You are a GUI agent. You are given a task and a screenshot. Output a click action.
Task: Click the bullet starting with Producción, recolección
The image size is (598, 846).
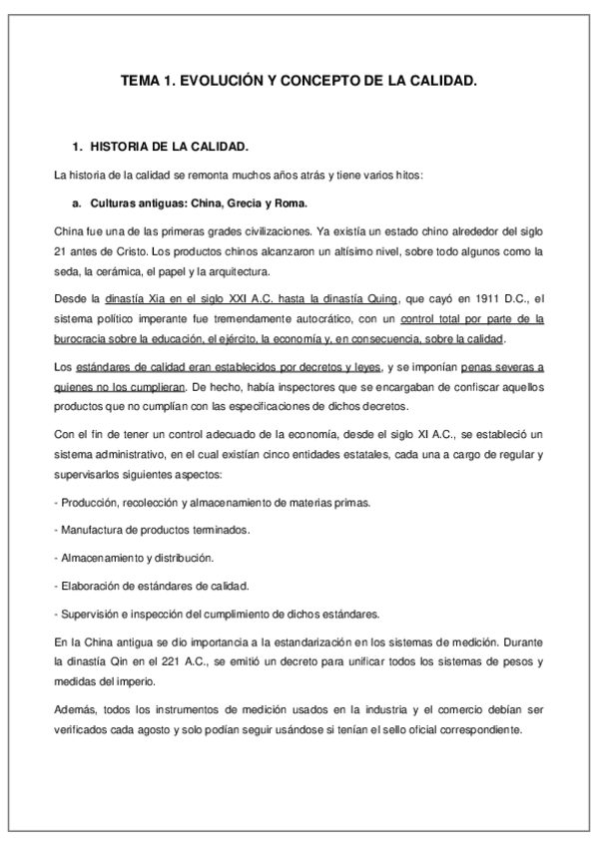[215, 502]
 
